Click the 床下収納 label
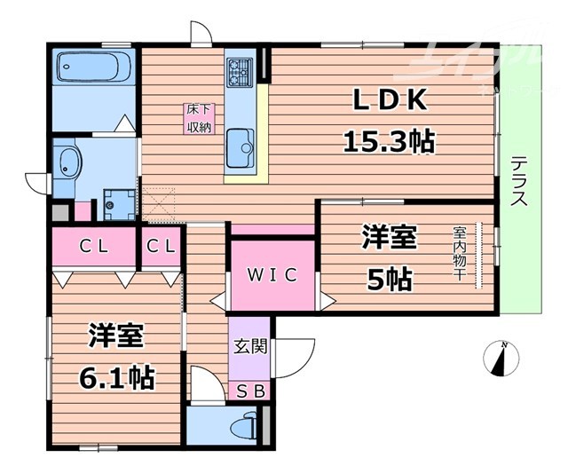(198, 118)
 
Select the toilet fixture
(241, 428)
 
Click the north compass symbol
(502, 358)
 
